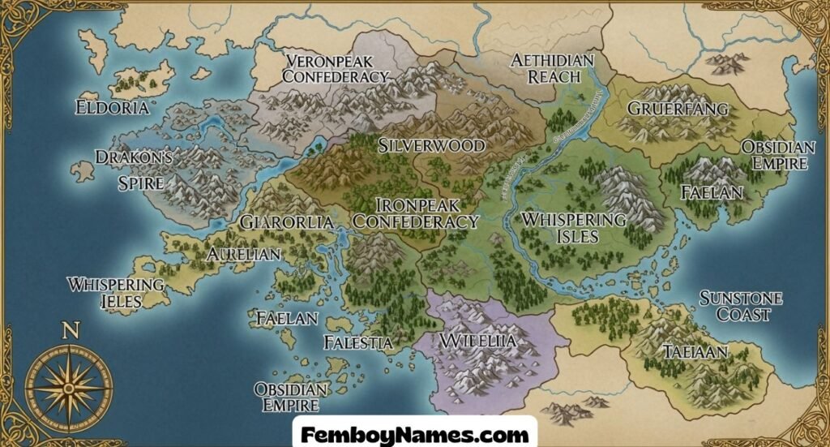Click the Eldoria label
[112, 107]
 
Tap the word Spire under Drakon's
[141, 183]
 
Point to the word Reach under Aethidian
[554, 77]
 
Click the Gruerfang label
[678, 109]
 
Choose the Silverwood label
[431, 146]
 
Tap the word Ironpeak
[416, 204]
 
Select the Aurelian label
[243, 254]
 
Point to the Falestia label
[358, 342]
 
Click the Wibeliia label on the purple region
[478, 341]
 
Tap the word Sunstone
[741, 299]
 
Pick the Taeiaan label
[695, 352]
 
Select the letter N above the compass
[71, 330]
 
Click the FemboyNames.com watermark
[414, 434]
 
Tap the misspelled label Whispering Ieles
[116, 292]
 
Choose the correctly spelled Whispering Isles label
[573, 228]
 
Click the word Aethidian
[553, 61]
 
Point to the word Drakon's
[134, 157]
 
